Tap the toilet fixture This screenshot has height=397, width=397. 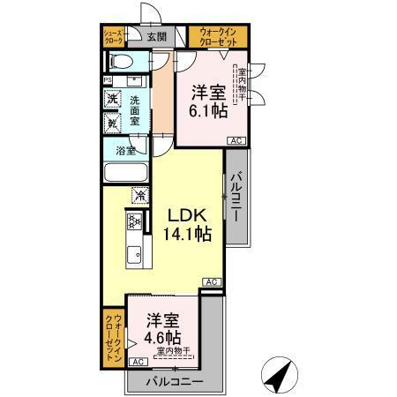click(120, 61)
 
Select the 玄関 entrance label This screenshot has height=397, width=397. click(156, 36)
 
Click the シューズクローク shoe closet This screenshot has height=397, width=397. click(114, 36)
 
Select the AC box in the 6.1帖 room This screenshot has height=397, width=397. click(236, 141)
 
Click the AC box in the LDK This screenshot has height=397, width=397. click(212, 281)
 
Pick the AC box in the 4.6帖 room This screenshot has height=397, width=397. click(139, 362)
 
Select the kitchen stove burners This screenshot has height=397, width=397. click(134, 222)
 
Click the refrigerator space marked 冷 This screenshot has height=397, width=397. click(139, 194)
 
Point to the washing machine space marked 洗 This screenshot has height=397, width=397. click(112, 99)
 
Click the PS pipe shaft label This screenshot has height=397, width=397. click(108, 80)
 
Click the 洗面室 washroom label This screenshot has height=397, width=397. click(136, 111)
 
